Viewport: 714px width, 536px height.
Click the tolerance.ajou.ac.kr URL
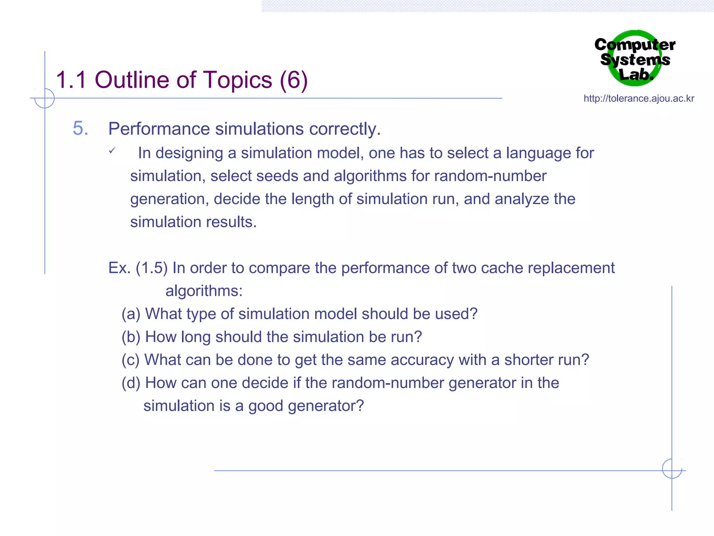pos(639,98)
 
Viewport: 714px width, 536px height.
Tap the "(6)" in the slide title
pos(293,80)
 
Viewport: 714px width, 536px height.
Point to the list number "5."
pos(80,128)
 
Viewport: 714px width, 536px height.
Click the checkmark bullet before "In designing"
pos(112,151)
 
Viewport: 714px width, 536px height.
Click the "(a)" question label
pos(131,314)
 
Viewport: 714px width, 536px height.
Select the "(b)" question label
pos(131,337)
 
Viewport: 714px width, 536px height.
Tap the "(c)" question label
pos(130,360)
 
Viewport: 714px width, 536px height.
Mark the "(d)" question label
pos(131,383)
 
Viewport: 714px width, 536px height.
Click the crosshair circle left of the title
pos(45,98)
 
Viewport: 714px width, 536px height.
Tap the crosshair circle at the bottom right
pos(672,468)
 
